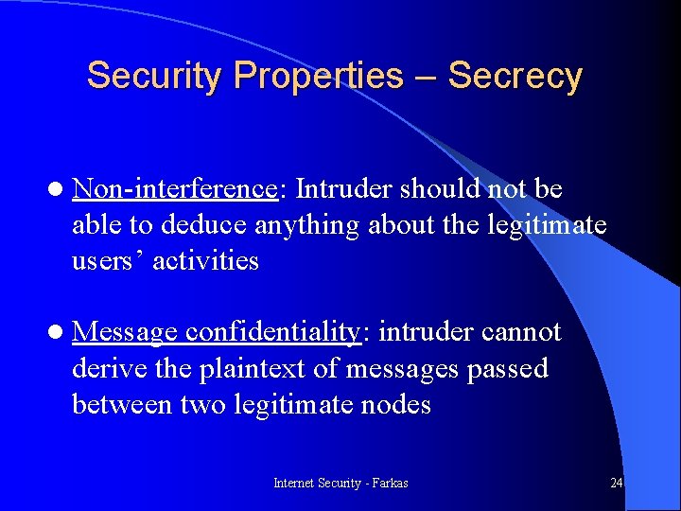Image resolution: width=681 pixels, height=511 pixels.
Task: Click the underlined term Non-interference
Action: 174,189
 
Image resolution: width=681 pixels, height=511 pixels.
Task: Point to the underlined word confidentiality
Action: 274,332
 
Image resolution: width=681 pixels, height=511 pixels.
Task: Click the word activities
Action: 206,261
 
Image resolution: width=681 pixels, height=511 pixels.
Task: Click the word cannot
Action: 521,332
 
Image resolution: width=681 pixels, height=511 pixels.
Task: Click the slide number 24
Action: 616,484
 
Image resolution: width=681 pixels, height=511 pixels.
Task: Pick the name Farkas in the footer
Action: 389,484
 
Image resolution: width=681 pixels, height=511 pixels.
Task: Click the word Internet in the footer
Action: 295,484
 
